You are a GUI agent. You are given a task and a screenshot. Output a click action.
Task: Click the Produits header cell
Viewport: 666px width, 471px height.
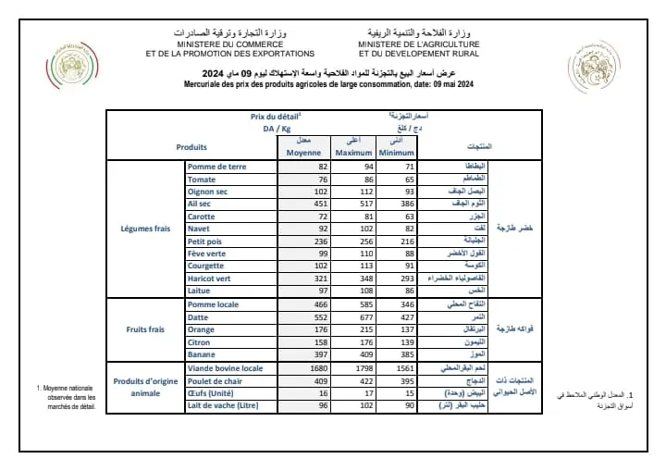(191, 146)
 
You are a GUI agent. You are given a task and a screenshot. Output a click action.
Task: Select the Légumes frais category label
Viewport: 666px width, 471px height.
(147, 228)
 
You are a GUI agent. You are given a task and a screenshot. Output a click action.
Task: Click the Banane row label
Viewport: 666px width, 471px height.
(203, 354)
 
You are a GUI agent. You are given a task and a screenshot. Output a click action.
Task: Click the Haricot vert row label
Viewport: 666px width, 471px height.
(210, 278)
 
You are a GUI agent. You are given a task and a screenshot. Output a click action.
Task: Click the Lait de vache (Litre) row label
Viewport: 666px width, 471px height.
(224, 404)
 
